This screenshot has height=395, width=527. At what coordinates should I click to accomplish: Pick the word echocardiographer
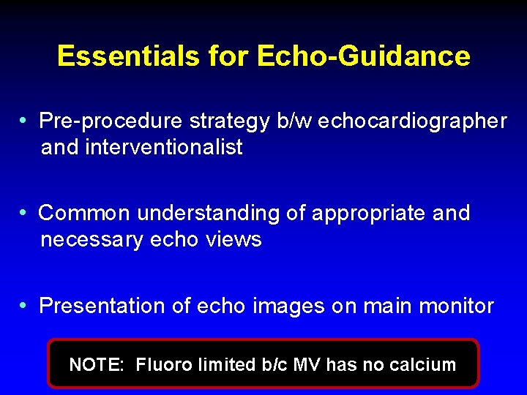411,121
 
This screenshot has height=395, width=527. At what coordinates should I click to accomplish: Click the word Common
85,213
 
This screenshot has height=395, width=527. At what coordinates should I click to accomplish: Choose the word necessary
91,240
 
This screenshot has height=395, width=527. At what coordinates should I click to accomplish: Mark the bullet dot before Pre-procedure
25,120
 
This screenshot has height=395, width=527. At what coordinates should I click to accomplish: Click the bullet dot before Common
25,212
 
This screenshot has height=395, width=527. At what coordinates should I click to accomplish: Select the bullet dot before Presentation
25,304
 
